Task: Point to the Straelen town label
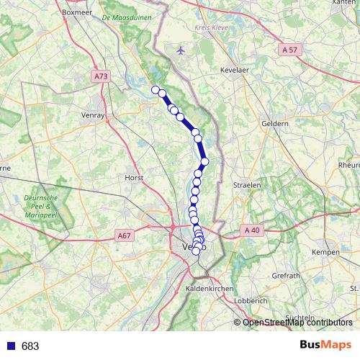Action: tap(247, 184)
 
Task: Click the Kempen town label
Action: tap(325, 252)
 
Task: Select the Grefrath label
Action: tap(286, 276)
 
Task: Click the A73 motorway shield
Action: tap(101, 74)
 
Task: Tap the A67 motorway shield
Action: tap(124, 235)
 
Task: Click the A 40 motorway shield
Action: tap(251, 230)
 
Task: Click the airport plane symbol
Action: tap(180, 50)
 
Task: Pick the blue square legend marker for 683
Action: tap(9, 346)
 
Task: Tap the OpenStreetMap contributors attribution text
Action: tap(297, 323)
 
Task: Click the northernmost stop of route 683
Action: tap(155, 89)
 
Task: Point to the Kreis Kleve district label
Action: tap(210, 27)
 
